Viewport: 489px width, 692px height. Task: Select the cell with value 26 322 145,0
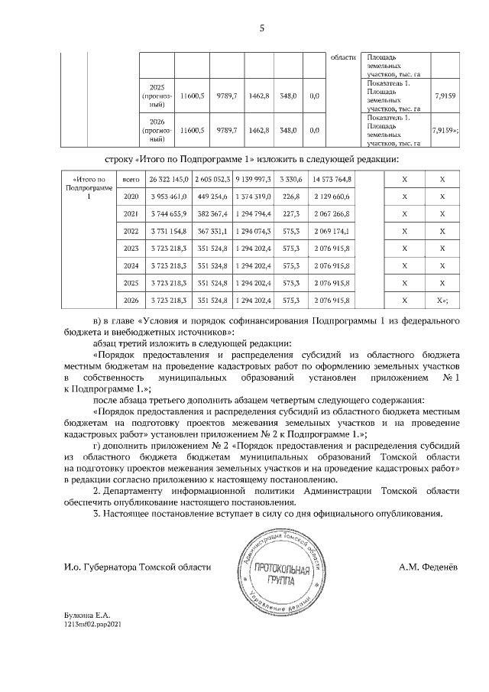tap(168, 179)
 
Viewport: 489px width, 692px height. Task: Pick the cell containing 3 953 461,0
tap(168, 197)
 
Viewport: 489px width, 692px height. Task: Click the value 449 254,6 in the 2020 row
tap(215, 197)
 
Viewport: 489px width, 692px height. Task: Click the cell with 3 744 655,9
tap(168, 213)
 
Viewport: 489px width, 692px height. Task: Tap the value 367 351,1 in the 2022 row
tap(215, 231)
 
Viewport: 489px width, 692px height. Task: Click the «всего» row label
tap(131, 179)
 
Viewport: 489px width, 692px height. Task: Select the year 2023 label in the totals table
tap(131, 249)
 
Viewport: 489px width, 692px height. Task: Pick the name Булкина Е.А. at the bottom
tap(88, 614)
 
